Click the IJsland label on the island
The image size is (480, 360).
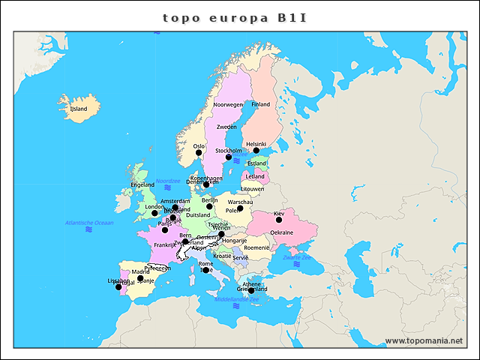(79, 109)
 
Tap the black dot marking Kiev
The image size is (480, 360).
(279, 220)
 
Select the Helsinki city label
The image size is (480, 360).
(256, 144)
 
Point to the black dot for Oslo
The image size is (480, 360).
(199, 153)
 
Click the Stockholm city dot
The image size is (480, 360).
(229, 157)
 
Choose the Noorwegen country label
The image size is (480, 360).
(229, 105)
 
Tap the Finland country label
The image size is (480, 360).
(261, 104)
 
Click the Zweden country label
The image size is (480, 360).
(226, 127)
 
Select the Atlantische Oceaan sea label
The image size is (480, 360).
(89, 223)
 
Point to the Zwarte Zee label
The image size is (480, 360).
(297, 257)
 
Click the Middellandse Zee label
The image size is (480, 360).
(237, 299)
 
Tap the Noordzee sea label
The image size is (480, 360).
(168, 181)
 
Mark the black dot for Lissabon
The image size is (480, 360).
(118, 287)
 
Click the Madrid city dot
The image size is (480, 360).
(140, 278)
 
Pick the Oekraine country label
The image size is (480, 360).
(281, 232)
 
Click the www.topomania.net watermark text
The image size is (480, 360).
(424, 341)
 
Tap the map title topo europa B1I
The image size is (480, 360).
(235, 16)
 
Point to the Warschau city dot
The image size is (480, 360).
(240, 208)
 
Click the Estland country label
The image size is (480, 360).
(257, 163)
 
